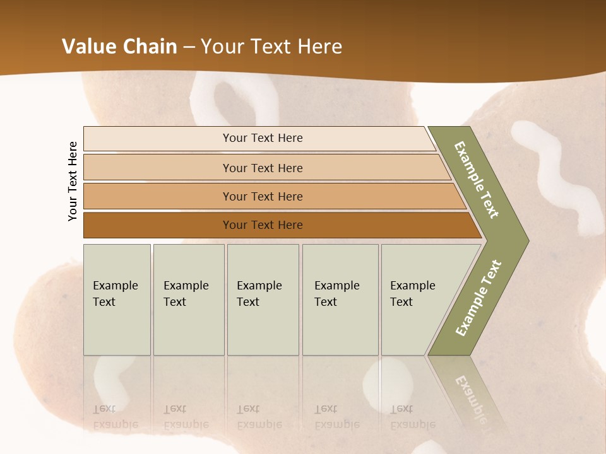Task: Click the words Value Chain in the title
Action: click(119, 47)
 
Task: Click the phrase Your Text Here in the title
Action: click(271, 47)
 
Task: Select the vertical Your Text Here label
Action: click(73, 182)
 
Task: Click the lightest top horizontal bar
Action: click(263, 138)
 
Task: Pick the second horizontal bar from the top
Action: click(263, 168)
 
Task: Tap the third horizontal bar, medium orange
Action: click(263, 196)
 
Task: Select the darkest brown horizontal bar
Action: click(263, 225)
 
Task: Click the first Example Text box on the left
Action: click(117, 299)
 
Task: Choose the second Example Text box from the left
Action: click(188, 299)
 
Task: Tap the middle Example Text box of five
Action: click(263, 299)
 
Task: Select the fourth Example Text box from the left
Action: click(340, 299)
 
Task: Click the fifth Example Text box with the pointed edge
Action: click(417, 299)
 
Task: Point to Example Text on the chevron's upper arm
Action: click(477, 180)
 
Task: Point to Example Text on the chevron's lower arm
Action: click(478, 298)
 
